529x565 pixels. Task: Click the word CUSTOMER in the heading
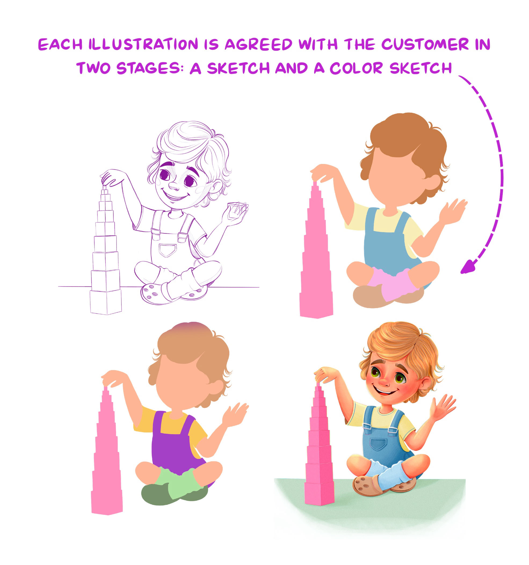[425, 45]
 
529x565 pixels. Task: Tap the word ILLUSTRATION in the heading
[143, 44]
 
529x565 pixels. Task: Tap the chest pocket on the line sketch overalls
[167, 250]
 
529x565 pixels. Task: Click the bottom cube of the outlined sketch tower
[106, 302]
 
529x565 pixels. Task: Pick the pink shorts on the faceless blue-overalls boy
[394, 283]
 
